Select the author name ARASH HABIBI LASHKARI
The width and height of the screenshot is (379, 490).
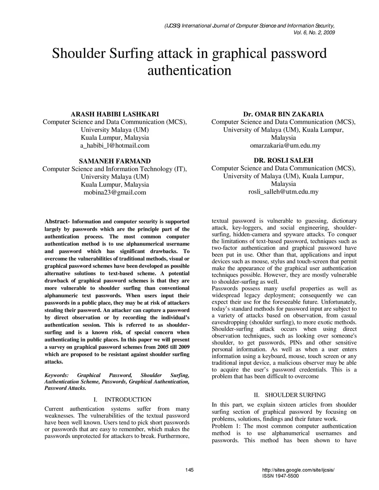point(115,114)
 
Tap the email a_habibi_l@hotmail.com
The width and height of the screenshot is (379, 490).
point(115,145)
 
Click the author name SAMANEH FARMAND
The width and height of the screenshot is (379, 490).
point(115,161)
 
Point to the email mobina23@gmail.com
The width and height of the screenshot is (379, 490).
point(115,192)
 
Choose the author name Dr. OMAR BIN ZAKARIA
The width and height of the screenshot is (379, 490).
point(283,114)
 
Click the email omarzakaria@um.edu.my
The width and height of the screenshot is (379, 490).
point(283,145)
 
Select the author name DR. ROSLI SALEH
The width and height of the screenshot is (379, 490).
point(283,160)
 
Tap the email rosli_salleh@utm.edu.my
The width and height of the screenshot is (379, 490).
point(283,192)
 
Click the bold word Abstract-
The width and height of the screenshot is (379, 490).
point(57,222)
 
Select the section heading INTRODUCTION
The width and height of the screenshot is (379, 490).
point(128,399)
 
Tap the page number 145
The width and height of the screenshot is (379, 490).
point(189,470)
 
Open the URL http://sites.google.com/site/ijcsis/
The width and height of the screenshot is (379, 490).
point(298,470)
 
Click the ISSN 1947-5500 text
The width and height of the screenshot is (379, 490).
point(280,476)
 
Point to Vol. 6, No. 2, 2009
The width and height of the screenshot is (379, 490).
point(314,33)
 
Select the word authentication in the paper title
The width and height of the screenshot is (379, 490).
point(189,70)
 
